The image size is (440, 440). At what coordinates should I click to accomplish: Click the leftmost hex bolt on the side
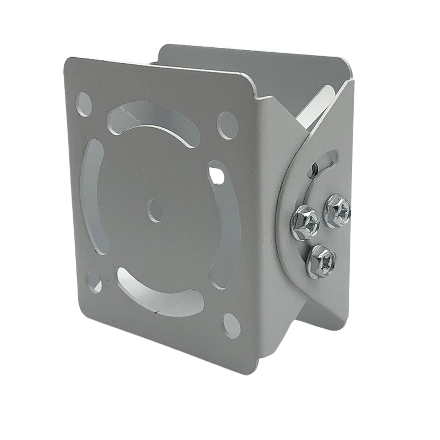[x=303, y=220]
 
